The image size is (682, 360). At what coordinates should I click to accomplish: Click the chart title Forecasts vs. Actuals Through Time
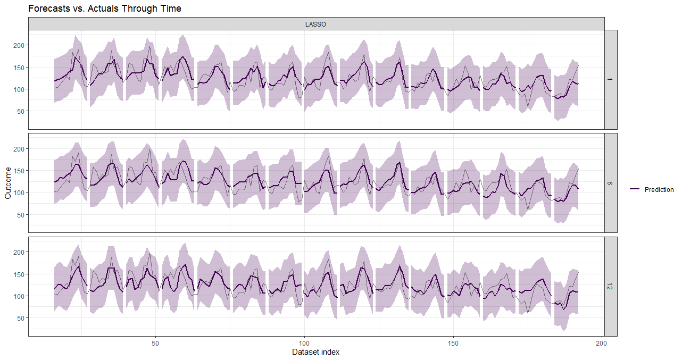[x=105, y=9]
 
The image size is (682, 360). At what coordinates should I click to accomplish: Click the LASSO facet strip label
[x=316, y=24]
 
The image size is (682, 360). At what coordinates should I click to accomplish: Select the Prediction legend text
[x=659, y=190]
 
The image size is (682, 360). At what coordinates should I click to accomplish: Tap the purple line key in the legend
[x=635, y=190]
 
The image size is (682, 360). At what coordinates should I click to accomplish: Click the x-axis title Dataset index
[x=316, y=352]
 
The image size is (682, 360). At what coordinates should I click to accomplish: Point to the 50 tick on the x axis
[x=156, y=343]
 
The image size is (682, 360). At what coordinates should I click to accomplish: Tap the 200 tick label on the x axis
[x=602, y=343]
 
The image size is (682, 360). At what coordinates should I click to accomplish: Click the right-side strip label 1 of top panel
[x=610, y=80]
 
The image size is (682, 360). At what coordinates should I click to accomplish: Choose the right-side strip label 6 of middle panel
[x=610, y=183]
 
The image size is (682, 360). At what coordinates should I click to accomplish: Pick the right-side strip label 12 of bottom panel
[x=610, y=286]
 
